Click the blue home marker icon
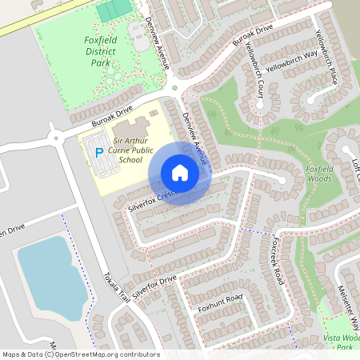179,173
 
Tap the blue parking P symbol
99,152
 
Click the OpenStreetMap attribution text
80,354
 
